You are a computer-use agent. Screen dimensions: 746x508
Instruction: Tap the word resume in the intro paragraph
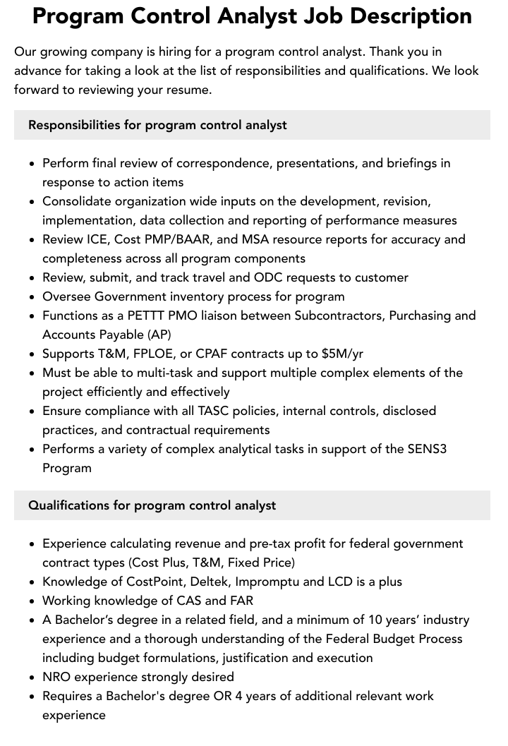pos(190,90)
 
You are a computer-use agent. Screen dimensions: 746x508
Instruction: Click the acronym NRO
pos(57,677)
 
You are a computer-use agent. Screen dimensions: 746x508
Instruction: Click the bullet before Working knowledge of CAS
pos(32,601)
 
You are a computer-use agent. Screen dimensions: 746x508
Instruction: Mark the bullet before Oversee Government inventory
pos(32,297)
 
